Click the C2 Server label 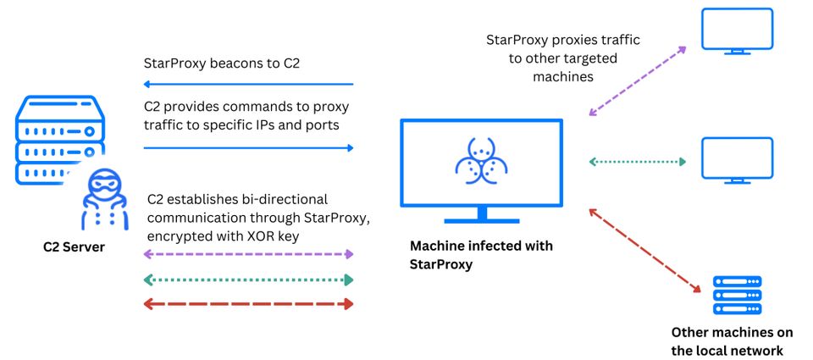(74, 246)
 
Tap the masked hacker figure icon (103, 200)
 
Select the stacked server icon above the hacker (60, 137)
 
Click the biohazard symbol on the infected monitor (481, 161)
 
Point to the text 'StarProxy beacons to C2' (222, 64)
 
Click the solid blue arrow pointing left (248, 84)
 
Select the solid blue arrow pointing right (248, 148)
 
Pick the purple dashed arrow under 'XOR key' (248, 254)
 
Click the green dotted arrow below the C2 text (248, 280)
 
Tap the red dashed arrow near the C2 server (248, 304)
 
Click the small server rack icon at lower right (737, 295)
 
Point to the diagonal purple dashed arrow (637, 81)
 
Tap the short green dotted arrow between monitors (638, 162)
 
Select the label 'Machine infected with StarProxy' (481, 254)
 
